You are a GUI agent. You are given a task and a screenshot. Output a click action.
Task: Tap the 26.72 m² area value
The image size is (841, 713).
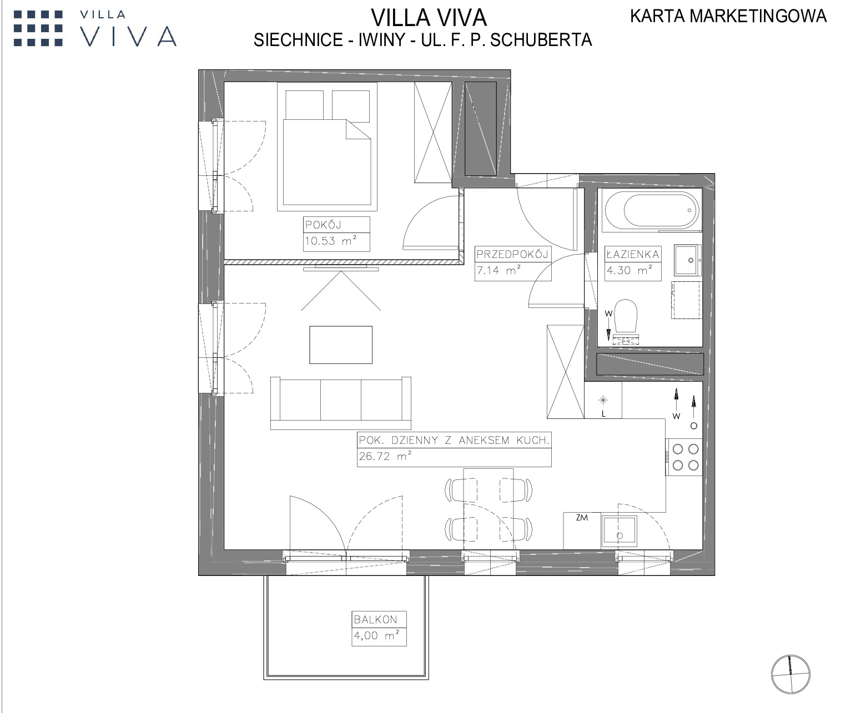click(x=385, y=456)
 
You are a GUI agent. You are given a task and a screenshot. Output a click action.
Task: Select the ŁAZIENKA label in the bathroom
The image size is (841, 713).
click(x=633, y=254)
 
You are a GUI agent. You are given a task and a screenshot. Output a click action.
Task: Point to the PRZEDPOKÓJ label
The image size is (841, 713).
click(x=512, y=254)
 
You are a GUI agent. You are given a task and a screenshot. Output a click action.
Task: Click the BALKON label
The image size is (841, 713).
click(x=375, y=619)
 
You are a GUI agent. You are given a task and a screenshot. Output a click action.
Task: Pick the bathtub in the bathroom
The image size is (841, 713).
click(x=651, y=210)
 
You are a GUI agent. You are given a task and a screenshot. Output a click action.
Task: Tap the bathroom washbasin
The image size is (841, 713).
click(x=687, y=260)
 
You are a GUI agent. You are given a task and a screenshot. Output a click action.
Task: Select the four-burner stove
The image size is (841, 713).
click(x=684, y=457)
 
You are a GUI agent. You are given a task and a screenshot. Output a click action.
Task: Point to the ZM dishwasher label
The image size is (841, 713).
click(x=582, y=518)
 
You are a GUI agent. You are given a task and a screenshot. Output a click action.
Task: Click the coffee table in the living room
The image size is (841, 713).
click(x=340, y=345)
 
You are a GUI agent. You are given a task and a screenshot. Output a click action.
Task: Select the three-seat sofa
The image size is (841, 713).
click(x=340, y=403)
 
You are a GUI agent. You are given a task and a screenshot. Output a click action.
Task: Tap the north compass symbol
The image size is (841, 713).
click(x=790, y=674)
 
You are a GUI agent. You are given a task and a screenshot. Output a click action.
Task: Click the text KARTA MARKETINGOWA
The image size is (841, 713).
click(x=728, y=16)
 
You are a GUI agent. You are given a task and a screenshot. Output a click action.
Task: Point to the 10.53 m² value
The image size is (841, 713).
click(x=331, y=240)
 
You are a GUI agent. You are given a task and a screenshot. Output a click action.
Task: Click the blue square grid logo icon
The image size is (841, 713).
click(x=38, y=28)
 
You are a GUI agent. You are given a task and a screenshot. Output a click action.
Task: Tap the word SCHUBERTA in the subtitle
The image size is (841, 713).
click(x=541, y=40)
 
